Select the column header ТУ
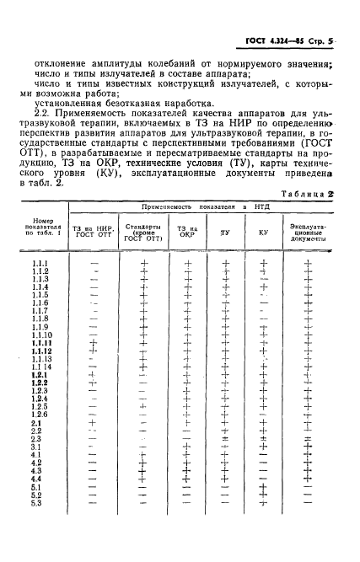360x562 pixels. pos(225,232)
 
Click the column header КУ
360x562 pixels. pos(263,232)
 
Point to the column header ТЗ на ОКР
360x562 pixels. pos(185,232)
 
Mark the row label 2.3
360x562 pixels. pos(36,439)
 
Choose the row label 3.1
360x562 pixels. pos(36,447)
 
